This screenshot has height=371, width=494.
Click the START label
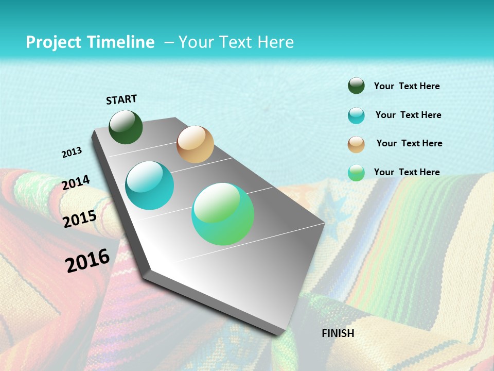pos(121,99)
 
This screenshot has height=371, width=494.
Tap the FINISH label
pos(338,333)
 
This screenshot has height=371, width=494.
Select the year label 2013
pos(72,153)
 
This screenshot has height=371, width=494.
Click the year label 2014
pos(76,182)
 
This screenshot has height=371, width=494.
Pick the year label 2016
pos(87,260)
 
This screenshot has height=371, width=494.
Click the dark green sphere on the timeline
pos(126,127)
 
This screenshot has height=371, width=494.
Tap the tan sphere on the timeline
pos(195,144)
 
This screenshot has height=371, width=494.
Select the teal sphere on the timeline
pos(150,185)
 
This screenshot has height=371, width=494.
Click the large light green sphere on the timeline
pos(223,214)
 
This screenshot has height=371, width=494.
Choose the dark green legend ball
pos(356,86)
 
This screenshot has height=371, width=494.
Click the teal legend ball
pos(356,115)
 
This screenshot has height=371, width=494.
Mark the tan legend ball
pos(356,144)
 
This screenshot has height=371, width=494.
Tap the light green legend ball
pos(356,173)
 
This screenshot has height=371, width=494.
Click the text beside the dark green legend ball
pos(407,87)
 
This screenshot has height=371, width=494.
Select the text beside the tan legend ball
pos(409,143)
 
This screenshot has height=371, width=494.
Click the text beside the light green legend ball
pos(407,172)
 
